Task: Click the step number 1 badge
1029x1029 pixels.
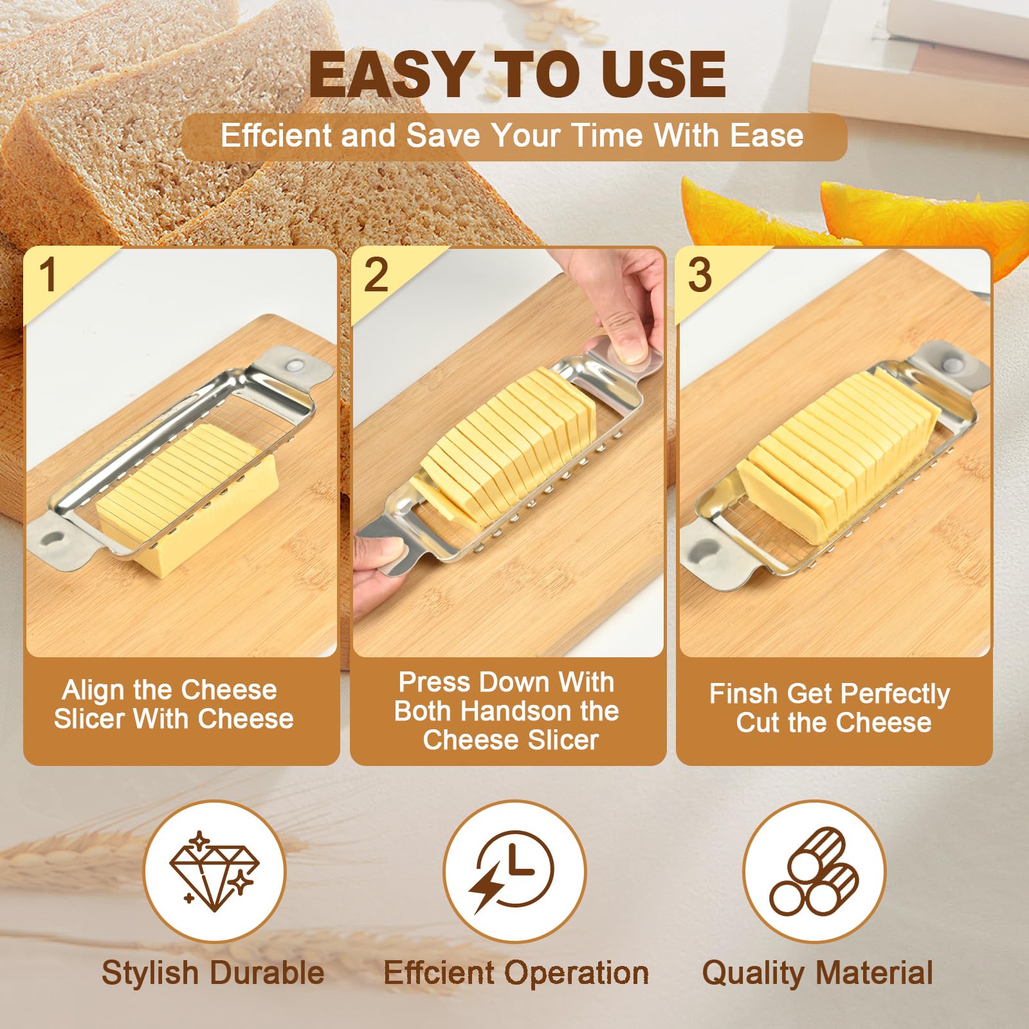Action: coord(49,275)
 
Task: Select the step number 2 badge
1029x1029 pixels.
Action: coord(376,275)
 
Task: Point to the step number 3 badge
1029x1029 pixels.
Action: coord(700,275)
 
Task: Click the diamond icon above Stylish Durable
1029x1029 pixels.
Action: coord(214,871)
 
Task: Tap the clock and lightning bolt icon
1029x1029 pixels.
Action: coord(512,871)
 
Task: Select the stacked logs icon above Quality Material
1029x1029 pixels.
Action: coord(815,871)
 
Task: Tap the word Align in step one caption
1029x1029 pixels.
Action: coord(93,691)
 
